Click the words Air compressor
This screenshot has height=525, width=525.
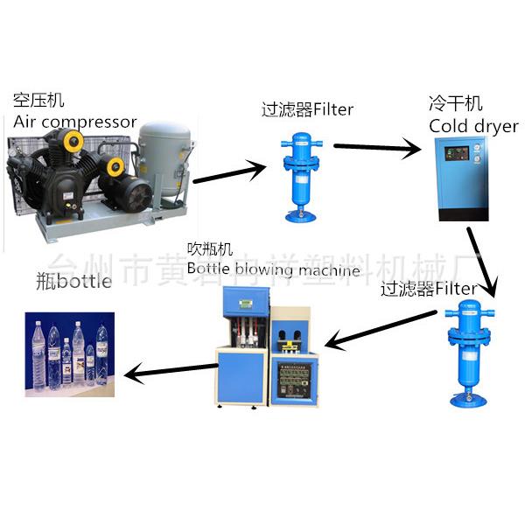point(75,121)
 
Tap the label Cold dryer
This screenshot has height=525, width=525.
point(473,126)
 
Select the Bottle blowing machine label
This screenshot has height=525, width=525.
point(273,270)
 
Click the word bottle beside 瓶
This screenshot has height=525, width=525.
point(85,281)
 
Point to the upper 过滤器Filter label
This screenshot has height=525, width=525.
point(307,109)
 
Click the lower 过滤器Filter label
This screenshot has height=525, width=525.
point(429,289)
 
